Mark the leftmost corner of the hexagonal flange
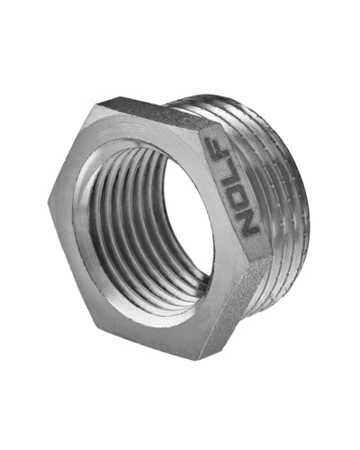click(48, 202)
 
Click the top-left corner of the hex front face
click(96, 104)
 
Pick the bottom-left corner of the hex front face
click(96, 326)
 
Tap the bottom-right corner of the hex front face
click(201, 360)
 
